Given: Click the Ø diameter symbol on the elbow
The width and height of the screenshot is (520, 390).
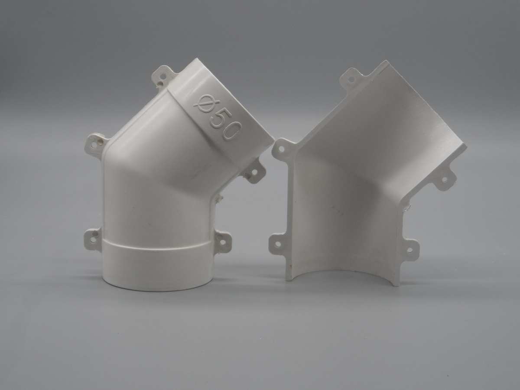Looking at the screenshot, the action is pos(206,103).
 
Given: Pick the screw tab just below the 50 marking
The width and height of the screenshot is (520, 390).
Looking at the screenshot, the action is pos(253,172).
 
